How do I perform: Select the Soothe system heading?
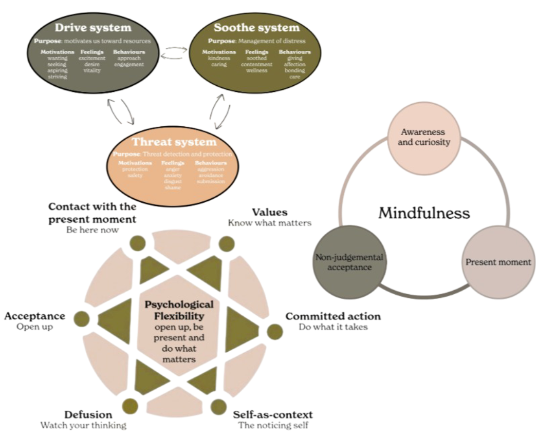(x=256, y=27)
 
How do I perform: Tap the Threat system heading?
(x=174, y=142)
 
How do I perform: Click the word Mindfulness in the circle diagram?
(x=424, y=213)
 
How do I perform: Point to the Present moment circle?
(x=497, y=262)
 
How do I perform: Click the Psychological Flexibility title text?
(x=179, y=310)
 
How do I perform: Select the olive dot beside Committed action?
(x=275, y=332)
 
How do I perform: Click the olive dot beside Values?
(x=226, y=243)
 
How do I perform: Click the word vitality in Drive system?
(x=92, y=70)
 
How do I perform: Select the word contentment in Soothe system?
(x=256, y=65)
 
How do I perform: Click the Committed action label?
(x=333, y=316)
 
